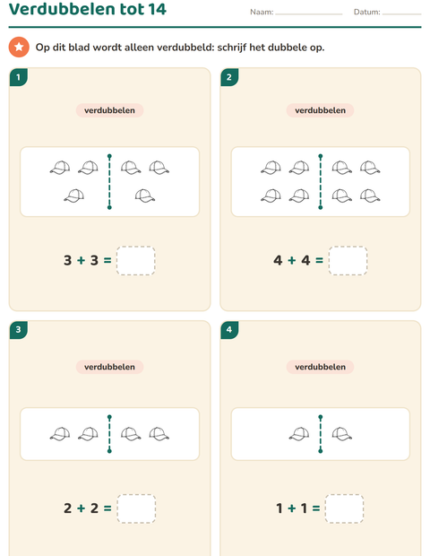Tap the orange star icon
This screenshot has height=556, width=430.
pyautogui.click(x=19, y=47)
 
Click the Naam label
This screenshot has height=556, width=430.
pyautogui.click(x=262, y=12)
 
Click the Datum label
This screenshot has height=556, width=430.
pyautogui.click(x=367, y=12)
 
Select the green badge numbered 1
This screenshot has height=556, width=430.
pyautogui.click(x=19, y=77)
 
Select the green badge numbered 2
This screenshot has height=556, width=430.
pyautogui.click(x=229, y=77)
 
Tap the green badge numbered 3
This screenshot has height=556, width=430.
pyautogui.click(x=19, y=330)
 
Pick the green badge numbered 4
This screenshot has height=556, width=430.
pyautogui.click(x=229, y=330)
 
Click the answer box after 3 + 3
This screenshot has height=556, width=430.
pyautogui.click(x=135, y=261)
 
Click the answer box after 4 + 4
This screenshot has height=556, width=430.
pyautogui.click(x=348, y=261)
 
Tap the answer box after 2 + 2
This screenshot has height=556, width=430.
pyautogui.click(x=136, y=508)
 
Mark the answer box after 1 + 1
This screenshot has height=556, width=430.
pyautogui.click(x=344, y=508)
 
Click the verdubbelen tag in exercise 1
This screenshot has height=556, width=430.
pyautogui.click(x=109, y=110)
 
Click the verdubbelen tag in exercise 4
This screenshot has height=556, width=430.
pyautogui.click(x=320, y=367)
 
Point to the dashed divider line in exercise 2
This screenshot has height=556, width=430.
pyautogui.click(x=321, y=181)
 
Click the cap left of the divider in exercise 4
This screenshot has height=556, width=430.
pyautogui.click(x=299, y=434)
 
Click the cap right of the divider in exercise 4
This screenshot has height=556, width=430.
pyautogui.click(x=342, y=434)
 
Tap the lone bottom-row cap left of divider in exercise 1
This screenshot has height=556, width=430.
pyautogui.click(x=74, y=195)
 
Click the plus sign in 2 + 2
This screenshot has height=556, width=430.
pyautogui.click(x=82, y=508)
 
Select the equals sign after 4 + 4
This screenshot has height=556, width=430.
pyautogui.click(x=319, y=260)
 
